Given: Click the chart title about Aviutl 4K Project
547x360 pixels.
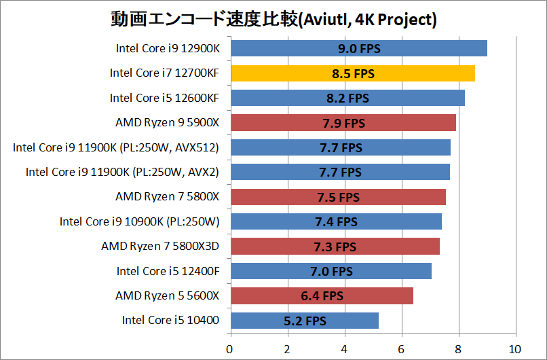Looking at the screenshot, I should (x=273, y=20).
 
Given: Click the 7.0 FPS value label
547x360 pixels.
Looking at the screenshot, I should (x=331, y=271).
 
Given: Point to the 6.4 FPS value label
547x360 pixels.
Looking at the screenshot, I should (x=322, y=295).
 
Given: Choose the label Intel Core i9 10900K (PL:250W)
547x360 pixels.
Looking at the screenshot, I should (x=139, y=221).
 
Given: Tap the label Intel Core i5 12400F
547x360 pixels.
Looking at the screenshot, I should (x=168, y=271).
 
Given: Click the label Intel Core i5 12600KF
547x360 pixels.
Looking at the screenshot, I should (x=164, y=98).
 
